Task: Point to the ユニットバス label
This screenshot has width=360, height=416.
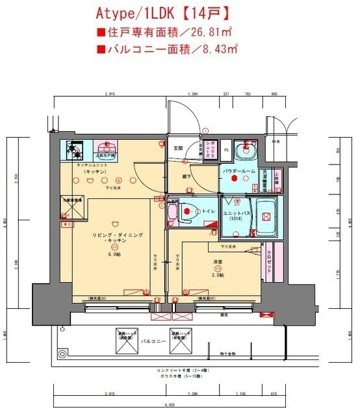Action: (235, 214)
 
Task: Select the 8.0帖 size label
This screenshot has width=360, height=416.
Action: (114, 254)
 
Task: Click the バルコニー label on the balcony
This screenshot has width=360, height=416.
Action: (151, 341)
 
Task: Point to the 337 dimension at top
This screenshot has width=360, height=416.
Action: (225, 94)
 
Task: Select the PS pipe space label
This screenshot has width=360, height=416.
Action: (225, 149)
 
